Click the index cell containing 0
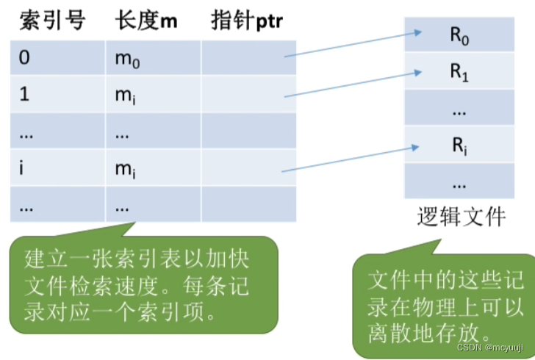(57, 58)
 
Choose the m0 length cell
(153, 58)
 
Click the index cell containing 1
(57, 95)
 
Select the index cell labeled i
(57, 168)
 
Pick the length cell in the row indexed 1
(153, 95)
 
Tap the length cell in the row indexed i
(153, 168)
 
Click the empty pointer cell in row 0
(248, 58)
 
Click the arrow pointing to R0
(353, 44)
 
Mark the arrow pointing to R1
(353, 82)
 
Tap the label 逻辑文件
(461, 217)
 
